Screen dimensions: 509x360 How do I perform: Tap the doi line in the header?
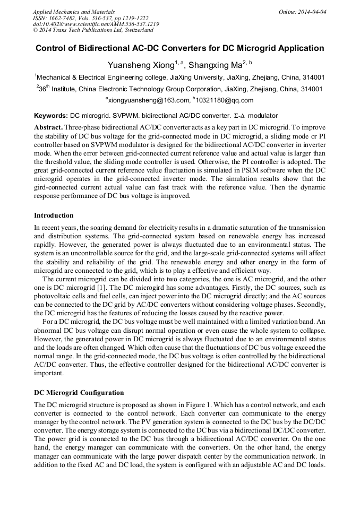point(96,24)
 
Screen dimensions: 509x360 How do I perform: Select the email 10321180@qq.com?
point(225,100)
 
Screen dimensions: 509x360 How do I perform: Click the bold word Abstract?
point(48,128)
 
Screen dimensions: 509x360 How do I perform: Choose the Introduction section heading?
point(54,215)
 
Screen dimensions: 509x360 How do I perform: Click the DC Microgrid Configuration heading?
point(79,393)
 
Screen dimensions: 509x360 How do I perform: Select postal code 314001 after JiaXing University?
point(313,77)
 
